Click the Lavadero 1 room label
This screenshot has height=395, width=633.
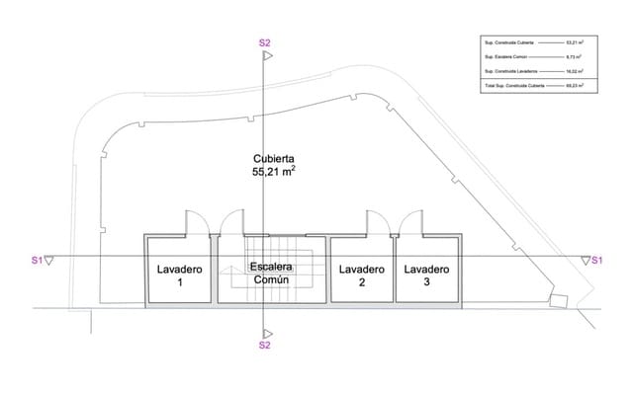[x=180, y=276]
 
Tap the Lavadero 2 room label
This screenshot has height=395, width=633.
[x=361, y=276]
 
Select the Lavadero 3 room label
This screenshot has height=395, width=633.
[x=427, y=276]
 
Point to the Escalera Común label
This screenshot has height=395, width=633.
[x=270, y=274]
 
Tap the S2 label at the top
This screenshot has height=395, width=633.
[x=264, y=42]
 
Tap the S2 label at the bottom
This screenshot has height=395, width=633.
[x=264, y=346]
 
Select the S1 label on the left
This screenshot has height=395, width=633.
[x=37, y=261]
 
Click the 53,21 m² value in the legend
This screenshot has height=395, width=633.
[x=575, y=42]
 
